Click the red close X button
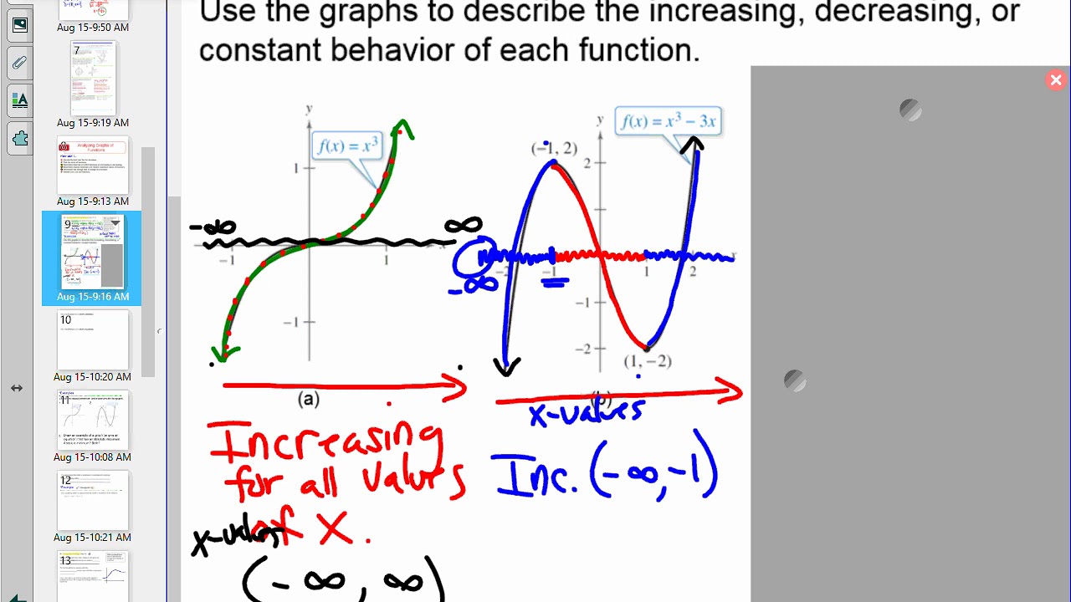[1055, 80]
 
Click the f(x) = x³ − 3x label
[668, 121]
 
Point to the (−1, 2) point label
[554, 149]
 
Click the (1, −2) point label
[648, 361]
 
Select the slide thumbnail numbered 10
[93, 339]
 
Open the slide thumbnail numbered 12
[93, 500]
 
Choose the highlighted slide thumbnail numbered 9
[92, 252]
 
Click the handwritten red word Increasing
[326, 443]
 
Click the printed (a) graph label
[309, 400]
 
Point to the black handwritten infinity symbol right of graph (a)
[463, 226]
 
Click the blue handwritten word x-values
[586, 412]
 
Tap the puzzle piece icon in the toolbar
[19, 138]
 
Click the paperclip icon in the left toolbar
[19, 63]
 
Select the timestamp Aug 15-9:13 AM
[93, 202]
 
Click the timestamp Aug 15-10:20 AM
[93, 377]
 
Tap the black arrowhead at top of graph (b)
[692, 145]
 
